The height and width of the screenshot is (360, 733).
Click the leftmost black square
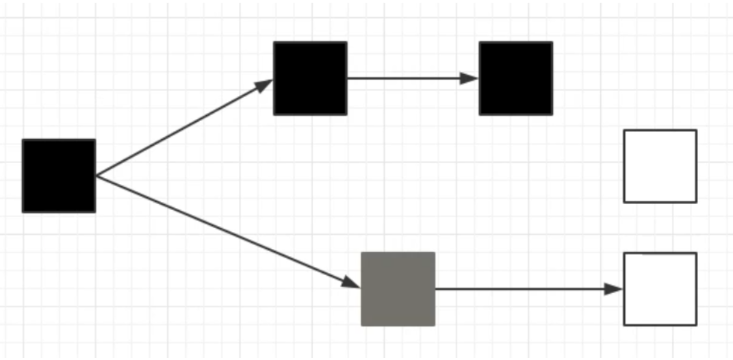[x=59, y=176]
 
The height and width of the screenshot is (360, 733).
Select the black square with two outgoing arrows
[x=59, y=176]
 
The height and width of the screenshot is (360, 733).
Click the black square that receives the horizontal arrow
[x=515, y=78]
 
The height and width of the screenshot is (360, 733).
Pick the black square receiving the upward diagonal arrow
[x=310, y=78]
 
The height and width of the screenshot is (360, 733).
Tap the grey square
[x=398, y=289]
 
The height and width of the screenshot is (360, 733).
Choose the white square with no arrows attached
[x=660, y=166]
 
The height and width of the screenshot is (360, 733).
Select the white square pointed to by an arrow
[x=660, y=289]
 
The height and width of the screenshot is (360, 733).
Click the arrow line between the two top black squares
[x=411, y=78]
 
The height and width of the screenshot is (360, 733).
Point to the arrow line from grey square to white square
[x=527, y=289]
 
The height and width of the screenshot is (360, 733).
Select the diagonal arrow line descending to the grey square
[x=226, y=231]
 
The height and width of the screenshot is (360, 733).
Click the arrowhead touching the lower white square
[x=615, y=289]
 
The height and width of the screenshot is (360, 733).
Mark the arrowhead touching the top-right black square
[x=470, y=78]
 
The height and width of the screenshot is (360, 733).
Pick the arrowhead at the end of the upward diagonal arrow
[x=265, y=84]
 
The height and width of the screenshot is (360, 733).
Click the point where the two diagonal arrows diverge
[x=97, y=176]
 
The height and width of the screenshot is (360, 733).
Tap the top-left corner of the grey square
[x=362, y=253]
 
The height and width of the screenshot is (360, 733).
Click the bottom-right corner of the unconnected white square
[x=696, y=202]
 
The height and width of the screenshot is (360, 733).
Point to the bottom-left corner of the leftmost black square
[x=23, y=211]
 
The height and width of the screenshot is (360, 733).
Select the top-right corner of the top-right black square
[x=552, y=42]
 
